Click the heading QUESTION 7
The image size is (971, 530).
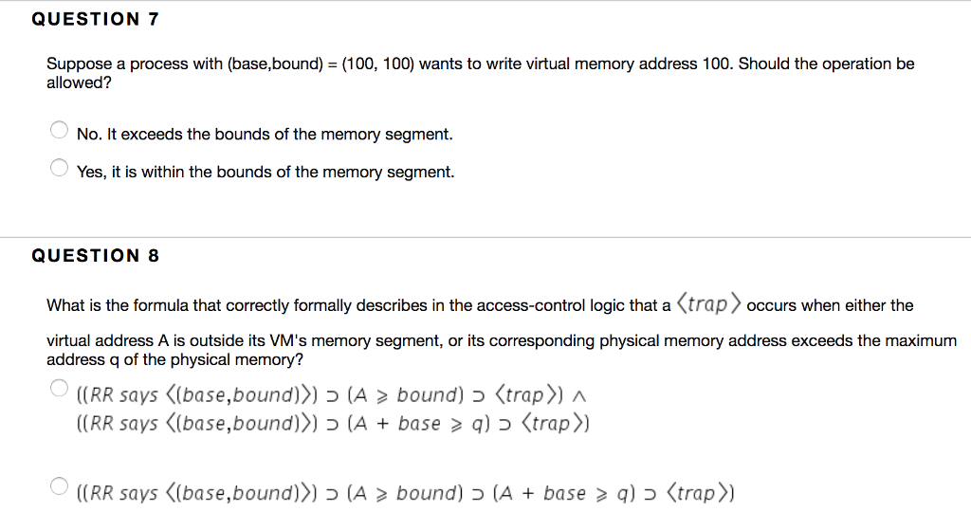point(95,19)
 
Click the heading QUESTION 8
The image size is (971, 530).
point(95,255)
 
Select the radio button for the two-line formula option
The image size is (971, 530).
point(59,387)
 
